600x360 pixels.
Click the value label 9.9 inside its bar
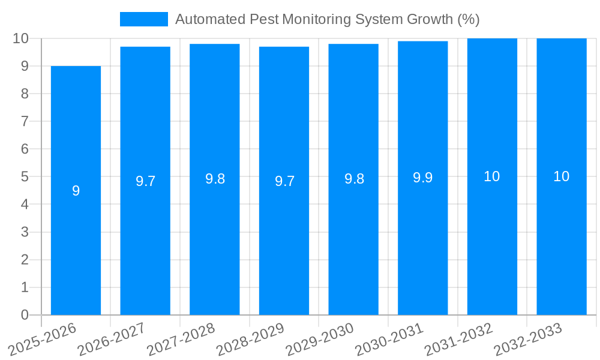(423, 178)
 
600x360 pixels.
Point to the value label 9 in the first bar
(76, 191)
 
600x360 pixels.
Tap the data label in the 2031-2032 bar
(492, 176)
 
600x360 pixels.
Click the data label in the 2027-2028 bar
(215, 179)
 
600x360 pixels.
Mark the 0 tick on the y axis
(25, 315)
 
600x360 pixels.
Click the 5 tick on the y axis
(25, 177)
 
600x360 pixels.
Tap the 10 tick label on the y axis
(21, 38)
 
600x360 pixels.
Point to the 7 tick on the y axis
(25, 121)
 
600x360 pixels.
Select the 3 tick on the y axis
(25, 232)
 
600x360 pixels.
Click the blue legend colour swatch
(144, 19)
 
